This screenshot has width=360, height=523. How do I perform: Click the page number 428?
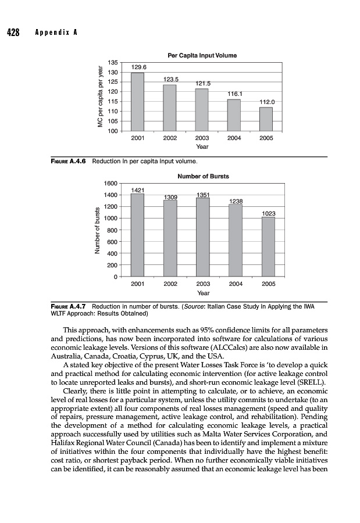[13, 32]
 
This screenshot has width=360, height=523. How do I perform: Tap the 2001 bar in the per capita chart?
[137, 102]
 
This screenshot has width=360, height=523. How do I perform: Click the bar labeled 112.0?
[266, 119]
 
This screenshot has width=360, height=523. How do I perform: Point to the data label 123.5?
[170, 79]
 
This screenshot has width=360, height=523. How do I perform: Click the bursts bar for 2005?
[268, 246]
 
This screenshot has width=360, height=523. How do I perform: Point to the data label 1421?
[138, 190]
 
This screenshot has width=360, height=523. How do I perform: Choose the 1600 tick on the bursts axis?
[111, 183]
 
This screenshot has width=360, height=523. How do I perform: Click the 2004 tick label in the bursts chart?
[236, 284]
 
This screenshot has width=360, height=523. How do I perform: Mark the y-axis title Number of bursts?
[97, 230]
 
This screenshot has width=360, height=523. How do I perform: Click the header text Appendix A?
[54, 33]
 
